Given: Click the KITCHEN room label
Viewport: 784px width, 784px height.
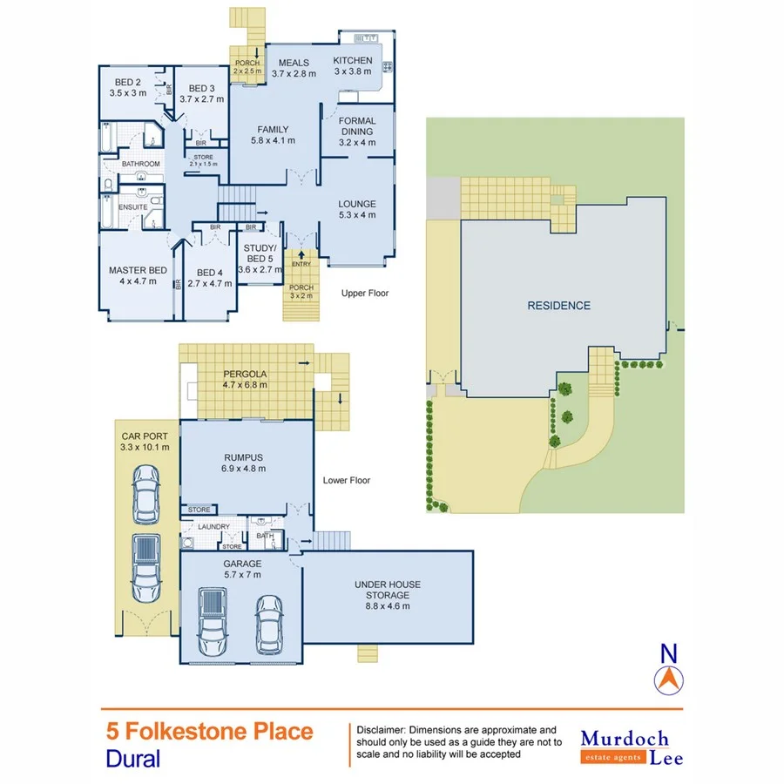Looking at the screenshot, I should point(353,61).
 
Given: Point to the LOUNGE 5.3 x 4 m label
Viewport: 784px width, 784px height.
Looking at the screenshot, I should point(356,210).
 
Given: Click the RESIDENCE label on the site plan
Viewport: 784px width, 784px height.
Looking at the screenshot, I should point(558,306).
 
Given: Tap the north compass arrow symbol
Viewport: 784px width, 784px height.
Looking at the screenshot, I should point(668,679).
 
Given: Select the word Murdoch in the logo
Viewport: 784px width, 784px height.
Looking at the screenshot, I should point(625,739).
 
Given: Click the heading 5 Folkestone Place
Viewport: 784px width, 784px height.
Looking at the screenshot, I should point(209,731).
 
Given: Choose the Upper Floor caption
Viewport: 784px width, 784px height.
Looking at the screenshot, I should point(365,294).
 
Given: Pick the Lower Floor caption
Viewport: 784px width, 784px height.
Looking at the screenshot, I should point(347,480).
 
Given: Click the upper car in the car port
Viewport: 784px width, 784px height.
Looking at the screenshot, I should point(145,495).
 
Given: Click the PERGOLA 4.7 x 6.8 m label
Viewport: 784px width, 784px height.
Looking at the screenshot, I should point(245,379).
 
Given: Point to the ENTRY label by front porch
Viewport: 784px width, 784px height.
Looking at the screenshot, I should point(301,264).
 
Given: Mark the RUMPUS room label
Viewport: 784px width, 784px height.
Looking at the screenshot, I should point(245,463).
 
